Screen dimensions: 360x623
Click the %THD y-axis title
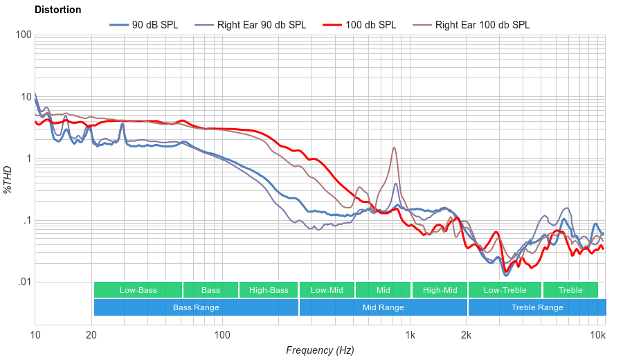coord(8,179)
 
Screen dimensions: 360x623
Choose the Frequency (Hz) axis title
coord(320,350)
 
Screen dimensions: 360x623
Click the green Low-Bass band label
coord(138,290)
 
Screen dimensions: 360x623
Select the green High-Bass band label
coord(269,290)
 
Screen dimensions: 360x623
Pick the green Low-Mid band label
coord(327,290)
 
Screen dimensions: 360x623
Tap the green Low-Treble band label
coord(505,290)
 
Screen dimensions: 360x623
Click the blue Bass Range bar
coord(196,307)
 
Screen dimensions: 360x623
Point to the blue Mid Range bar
coord(383,307)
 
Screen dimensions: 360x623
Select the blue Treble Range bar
coord(536,307)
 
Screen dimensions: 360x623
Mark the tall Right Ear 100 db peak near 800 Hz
coord(394,147)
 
